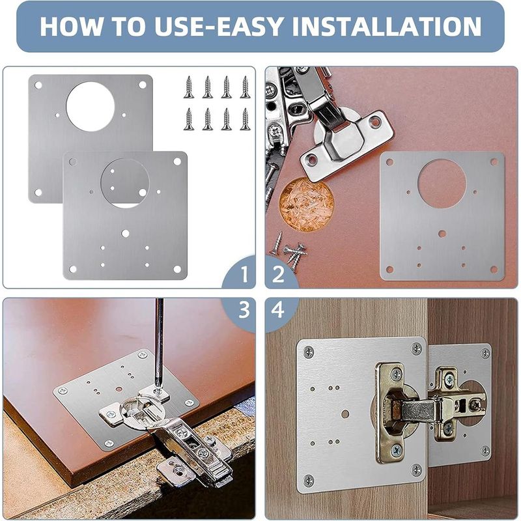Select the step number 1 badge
(244, 274)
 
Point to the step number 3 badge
(244, 311)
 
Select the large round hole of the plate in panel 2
(442, 184)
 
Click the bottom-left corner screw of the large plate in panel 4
(309, 481)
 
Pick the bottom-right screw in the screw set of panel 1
(245, 119)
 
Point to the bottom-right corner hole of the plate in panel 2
(493, 269)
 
